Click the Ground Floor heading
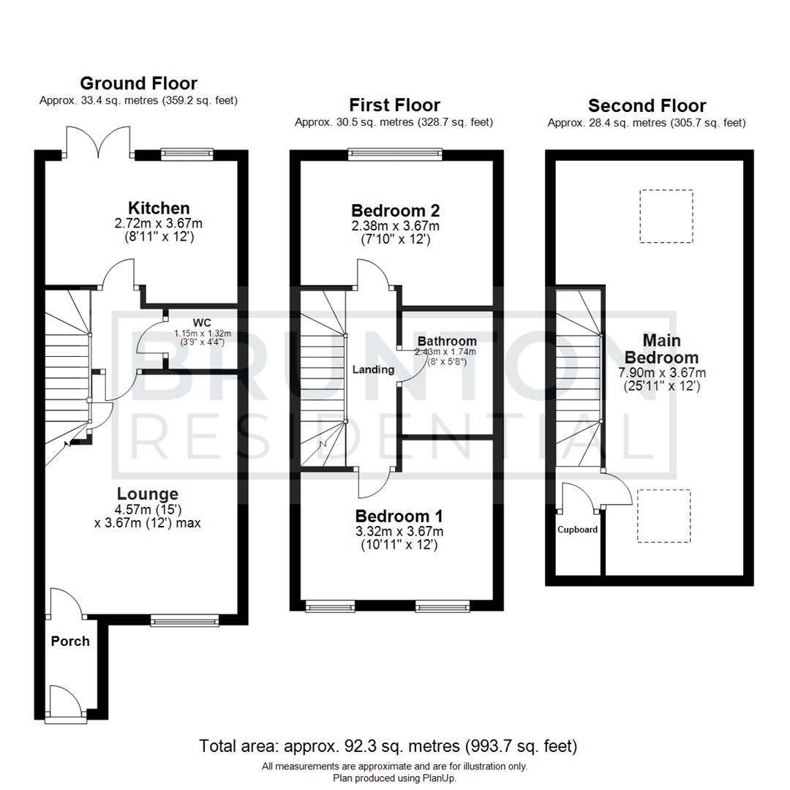pos(138,83)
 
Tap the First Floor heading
pos(394,105)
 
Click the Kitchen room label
pos(159,208)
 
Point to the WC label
pos(203,323)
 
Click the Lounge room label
pos(146,494)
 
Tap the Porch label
pos(70,642)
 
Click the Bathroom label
pos(447,341)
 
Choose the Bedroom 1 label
pos(399,515)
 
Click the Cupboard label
pos(578,530)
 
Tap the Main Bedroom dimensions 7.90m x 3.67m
pos(661,372)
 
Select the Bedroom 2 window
pos(395,154)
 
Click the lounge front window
pos(184,620)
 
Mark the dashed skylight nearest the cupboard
pos(663,516)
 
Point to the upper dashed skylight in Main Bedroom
pos(666,216)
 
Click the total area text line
pos(388,746)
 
